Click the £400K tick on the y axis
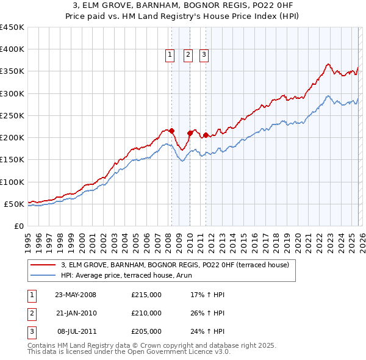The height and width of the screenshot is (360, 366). coord(12,49)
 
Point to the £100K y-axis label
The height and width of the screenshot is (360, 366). coord(12,182)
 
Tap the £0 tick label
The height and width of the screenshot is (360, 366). coord(19,226)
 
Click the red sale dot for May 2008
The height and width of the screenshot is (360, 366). coord(172,131)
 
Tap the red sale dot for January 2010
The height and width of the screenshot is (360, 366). coord(190,133)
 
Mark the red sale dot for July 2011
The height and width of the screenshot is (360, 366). coord(206,135)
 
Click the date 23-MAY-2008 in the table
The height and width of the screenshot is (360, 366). coord(76,295)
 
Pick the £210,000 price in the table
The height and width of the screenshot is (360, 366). coord(146,313)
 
